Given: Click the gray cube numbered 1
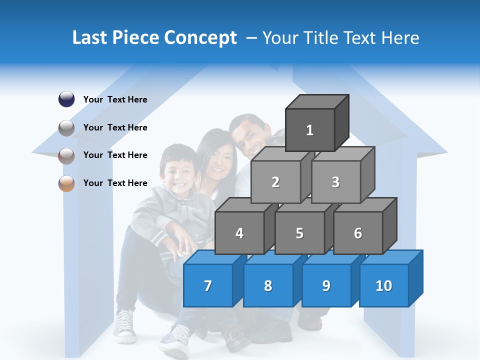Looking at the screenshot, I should pyautogui.click(x=310, y=130).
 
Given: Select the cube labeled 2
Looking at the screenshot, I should pyautogui.click(x=275, y=182).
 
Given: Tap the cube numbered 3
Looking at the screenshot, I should pyautogui.click(x=335, y=182).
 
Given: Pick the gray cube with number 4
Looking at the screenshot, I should pyautogui.click(x=239, y=233).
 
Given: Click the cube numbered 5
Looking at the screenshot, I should pyautogui.click(x=299, y=233).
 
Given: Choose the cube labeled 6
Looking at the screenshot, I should pyautogui.click(x=357, y=233).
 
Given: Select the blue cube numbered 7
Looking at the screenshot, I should pyautogui.click(x=208, y=285).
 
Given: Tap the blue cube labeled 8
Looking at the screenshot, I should pyautogui.click(x=268, y=285).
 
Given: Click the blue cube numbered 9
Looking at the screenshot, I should pyautogui.click(x=326, y=285).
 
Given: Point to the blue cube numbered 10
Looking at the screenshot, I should pyautogui.click(x=383, y=285).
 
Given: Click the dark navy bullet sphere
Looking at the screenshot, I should pyautogui.click(x=66, y=99).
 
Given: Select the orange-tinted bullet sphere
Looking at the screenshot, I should pyautogui.click(x=66, y=183).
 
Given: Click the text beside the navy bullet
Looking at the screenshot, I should pyautogui.click(x=115, y=99).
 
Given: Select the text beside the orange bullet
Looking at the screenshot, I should pyautogui.click(x=115, y=183).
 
